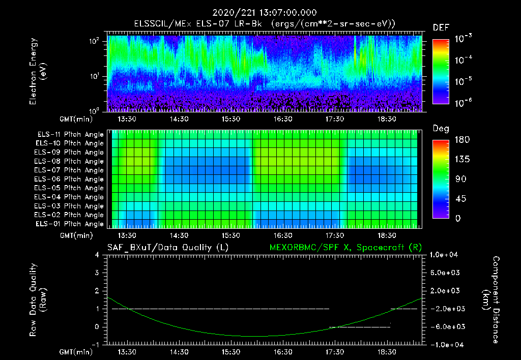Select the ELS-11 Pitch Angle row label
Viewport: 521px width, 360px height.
point(70,134)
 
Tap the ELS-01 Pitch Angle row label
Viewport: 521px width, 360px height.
point(70,224)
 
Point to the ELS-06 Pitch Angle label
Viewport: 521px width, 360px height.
point(70,179)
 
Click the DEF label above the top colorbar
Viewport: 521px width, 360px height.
point(441,27)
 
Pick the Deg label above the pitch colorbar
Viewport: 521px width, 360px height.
point(441,129)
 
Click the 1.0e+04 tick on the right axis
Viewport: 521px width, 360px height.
point(446,255)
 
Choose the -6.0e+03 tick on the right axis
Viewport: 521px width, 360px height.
point(446,326)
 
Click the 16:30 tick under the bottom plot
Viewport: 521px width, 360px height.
point(283,352)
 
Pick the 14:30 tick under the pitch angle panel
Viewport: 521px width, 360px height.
point(179,235)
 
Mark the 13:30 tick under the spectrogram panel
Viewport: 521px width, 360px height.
point(127,119)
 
